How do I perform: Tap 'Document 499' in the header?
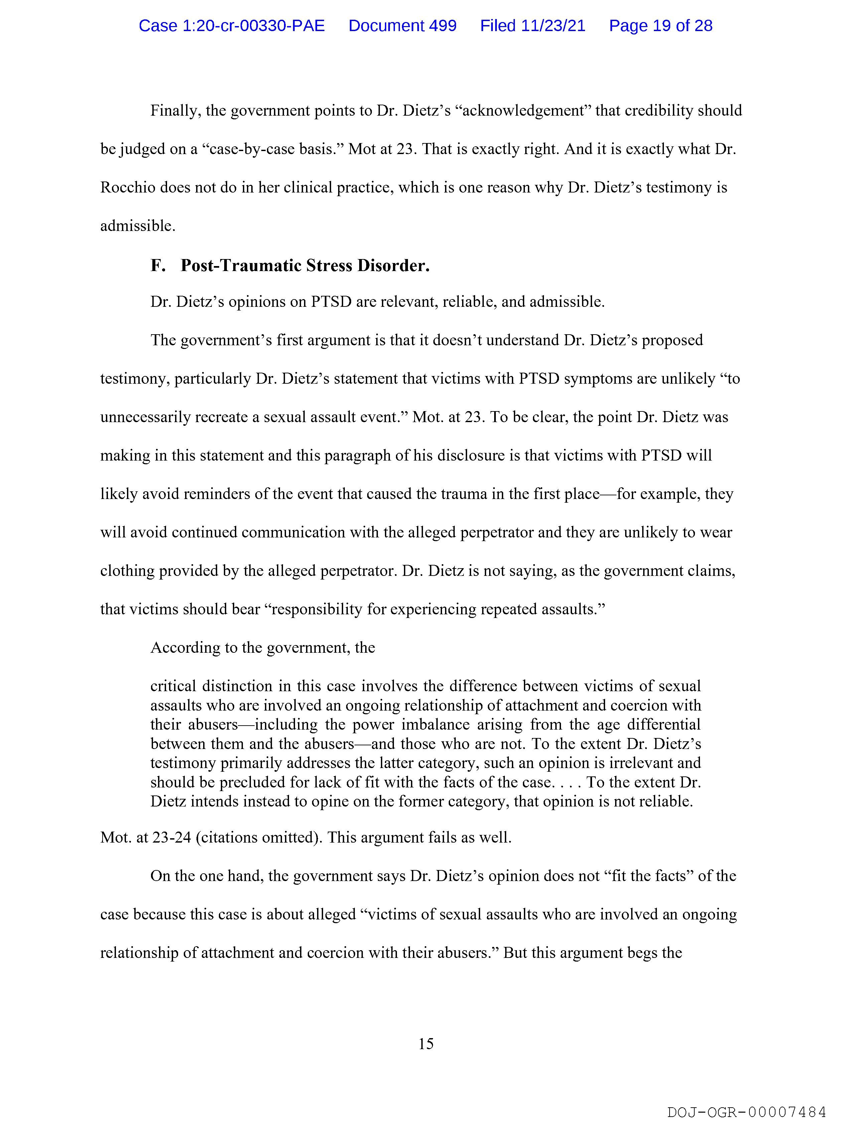tap(402, 25)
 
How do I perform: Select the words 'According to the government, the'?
tap(262, 648)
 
